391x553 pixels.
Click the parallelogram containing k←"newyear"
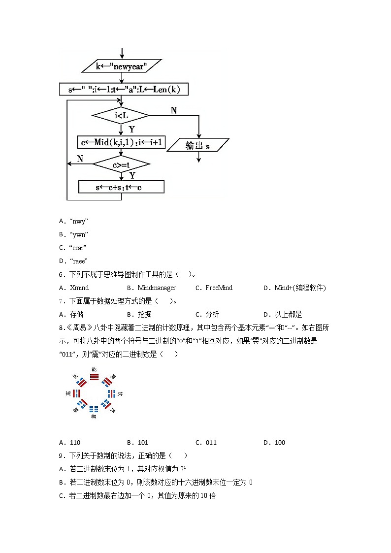[121, 66]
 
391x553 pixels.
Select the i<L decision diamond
[121, 116]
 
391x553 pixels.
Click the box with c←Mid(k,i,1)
[122, 143]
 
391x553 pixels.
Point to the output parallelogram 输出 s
[198, 145]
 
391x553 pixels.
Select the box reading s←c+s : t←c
[121, 188]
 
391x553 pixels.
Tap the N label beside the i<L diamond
[174, 111]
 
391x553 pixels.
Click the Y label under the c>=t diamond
[132, 175]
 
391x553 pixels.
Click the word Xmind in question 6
[79, 288]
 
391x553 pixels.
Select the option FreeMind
[219, 288]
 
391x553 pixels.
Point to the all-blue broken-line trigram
[94, 408]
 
